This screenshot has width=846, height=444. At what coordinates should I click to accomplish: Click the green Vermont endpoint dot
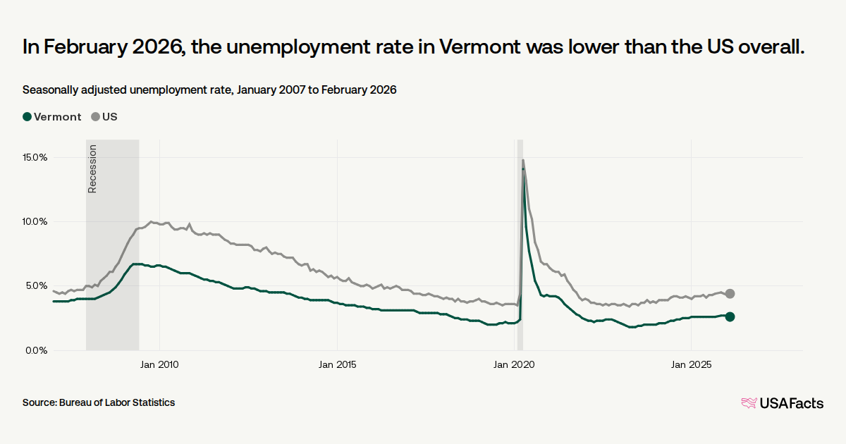(x=730, y=316)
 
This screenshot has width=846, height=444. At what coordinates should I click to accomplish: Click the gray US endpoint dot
(x=730, y=294)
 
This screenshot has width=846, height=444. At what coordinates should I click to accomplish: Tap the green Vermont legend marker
(x=27, y=117)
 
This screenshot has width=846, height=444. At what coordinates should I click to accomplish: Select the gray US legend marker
(x=96, y=117)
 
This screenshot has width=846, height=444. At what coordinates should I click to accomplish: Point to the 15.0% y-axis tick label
(x=35, y=157)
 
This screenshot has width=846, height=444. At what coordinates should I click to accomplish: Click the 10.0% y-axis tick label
(x=35, y=221)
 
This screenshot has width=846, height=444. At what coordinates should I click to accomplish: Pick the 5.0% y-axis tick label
(x=37, y=286)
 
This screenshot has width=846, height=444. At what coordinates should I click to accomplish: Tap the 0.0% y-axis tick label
(x=37, y=350)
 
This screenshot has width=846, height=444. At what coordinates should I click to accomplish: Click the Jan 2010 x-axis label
(x=159, y=364)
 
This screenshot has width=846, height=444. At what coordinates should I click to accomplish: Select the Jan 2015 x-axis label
(x=337, y=364)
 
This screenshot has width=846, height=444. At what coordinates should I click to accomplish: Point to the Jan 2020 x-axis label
(x=514, y=364)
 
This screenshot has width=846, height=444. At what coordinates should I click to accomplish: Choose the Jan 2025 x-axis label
(x=691, y=364)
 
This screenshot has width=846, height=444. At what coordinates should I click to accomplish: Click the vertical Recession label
(x=92, y=168)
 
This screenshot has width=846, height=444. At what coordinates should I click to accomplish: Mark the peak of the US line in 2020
(x=523, y=160)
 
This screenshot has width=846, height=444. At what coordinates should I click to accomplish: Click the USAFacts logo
(x=782, y=403)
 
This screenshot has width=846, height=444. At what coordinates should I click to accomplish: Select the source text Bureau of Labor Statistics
(x=117, y=402)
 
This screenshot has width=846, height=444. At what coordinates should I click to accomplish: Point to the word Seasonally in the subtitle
(x=50, y=90)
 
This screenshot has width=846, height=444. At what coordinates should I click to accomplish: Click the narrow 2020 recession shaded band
(x=520, y=245)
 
